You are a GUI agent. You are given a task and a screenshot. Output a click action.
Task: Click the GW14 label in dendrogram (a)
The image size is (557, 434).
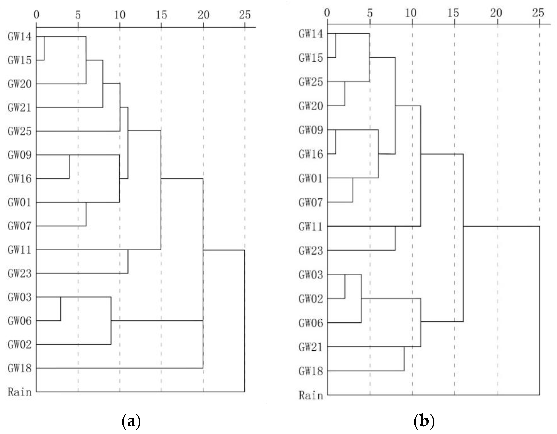tap(20, 37)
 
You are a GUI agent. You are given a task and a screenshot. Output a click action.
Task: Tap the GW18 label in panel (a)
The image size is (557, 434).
tap(20, 368)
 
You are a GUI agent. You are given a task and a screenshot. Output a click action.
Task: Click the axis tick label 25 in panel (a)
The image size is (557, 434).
tap(245, 15)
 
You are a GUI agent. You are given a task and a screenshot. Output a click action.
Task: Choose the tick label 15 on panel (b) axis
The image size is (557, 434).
tap(453, 13)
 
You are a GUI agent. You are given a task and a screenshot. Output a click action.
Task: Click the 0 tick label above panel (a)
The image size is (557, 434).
tap(37, 15)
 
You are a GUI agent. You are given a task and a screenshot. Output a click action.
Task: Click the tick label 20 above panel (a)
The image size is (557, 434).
tap(203, 15)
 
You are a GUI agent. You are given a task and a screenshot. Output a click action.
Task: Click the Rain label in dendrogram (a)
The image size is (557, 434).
tap(20, 392)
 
